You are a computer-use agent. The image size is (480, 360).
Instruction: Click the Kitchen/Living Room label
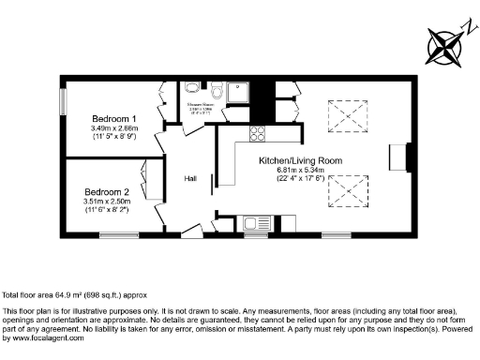300,160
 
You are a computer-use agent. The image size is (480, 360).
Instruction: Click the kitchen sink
253,223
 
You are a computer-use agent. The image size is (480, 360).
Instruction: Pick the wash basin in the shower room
192,87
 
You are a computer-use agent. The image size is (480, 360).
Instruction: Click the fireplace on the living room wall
408,157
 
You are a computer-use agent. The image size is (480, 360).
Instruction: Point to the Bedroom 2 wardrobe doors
148,183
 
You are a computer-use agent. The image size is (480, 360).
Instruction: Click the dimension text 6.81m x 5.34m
300,170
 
